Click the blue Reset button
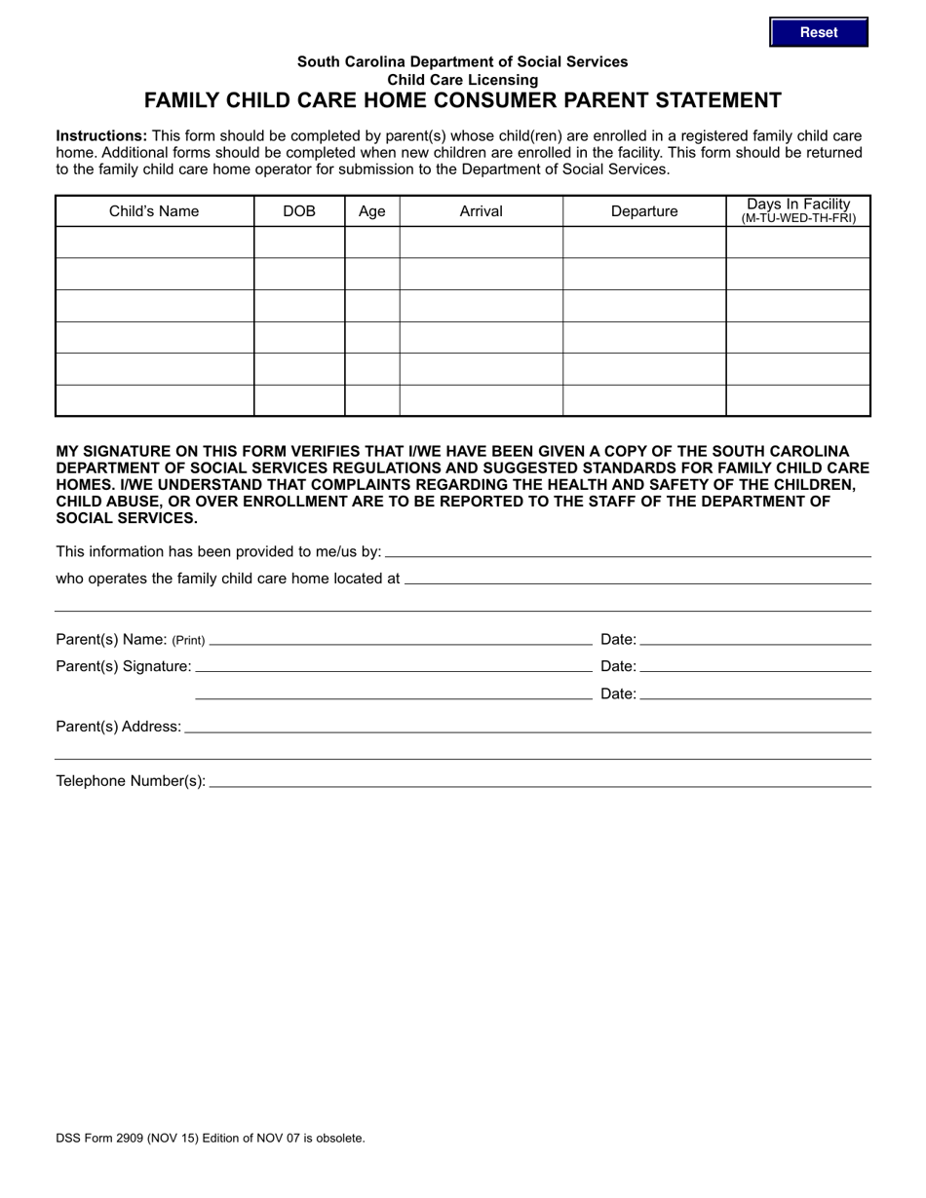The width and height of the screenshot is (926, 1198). tap(818, 32)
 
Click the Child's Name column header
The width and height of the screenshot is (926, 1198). tap(154, 211)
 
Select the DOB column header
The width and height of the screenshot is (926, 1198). tap(299, 211)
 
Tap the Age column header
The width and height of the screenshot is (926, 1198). tap(372, 211)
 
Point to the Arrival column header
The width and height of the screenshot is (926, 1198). tap(481, 211)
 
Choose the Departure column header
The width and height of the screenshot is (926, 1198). tap(644, 211)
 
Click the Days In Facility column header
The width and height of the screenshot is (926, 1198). tap(798, 210)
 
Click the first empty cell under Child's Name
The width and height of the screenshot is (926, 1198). tap(154, 243)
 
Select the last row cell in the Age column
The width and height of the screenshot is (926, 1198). tap(372, 400)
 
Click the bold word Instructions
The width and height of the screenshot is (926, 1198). tap(101, 136)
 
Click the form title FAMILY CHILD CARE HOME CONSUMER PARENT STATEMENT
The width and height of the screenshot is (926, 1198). tap(463, 100)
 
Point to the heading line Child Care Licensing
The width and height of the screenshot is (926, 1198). tap(463, 80)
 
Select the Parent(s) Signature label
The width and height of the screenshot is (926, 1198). tap(124, 666)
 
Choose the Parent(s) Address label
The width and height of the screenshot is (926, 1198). tap(118, 727)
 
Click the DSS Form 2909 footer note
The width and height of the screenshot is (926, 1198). tap(211, 1138)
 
